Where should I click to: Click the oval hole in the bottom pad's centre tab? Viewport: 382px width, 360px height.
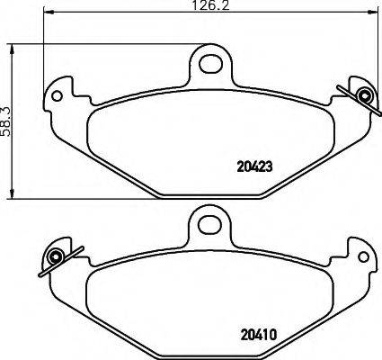(x=209, y=222)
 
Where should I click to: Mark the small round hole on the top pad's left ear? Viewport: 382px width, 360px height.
(x=59, y=94)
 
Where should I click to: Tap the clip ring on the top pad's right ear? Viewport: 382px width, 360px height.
(x=363, y=96)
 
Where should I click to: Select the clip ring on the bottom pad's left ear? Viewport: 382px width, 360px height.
(x=55, y=257)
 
